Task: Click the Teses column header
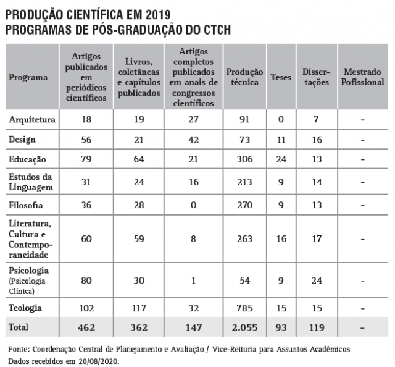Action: (x=281, y=78)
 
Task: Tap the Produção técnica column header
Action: (x=244, y=77)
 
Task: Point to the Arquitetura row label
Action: (x=32, y=119)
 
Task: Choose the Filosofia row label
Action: (x=26, y=205)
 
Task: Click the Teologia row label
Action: (x=25, y=307)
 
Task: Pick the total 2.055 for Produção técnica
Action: (x=244, y=326)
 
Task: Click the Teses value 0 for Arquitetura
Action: (x=281, y=119)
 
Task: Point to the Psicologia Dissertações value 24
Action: (x=317, y=279)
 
